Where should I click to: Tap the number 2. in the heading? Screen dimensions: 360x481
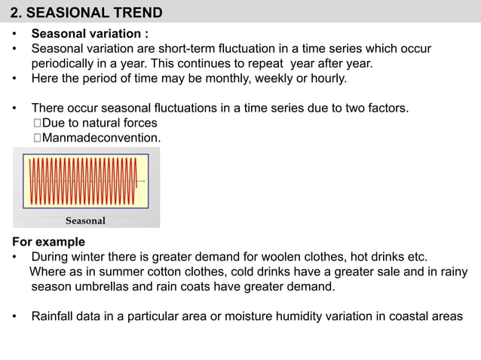click(15, 12)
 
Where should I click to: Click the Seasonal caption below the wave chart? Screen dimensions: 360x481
click(85, 221)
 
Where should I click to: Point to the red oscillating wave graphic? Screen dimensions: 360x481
click(84, 182)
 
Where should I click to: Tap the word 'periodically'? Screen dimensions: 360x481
click(66, 63)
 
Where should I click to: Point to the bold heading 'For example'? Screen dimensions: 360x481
click(49, 242)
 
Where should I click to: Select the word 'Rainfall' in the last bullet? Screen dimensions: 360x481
click(55, 316)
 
